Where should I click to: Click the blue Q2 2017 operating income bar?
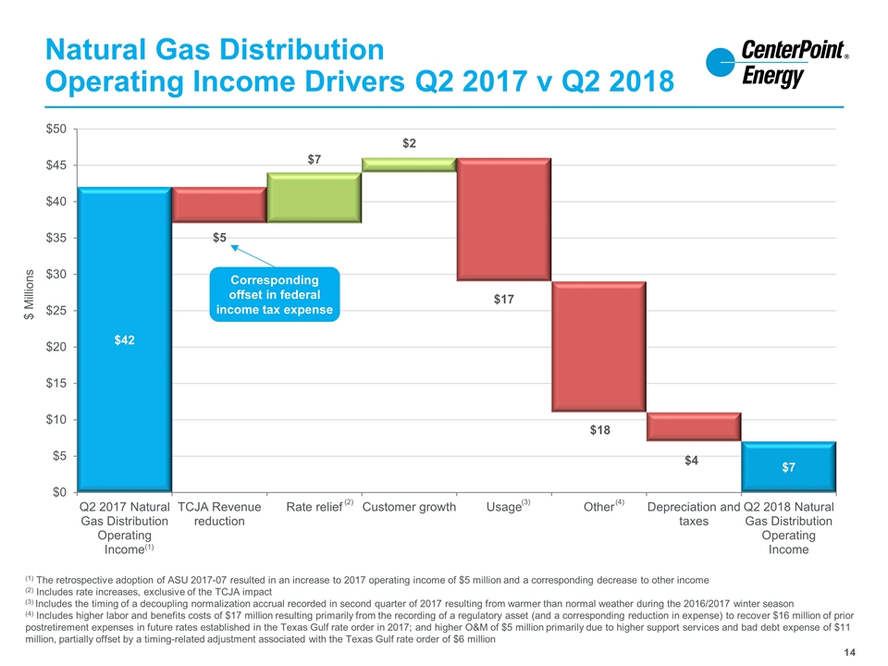click(125, 339)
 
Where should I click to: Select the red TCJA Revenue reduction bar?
click(219, 205)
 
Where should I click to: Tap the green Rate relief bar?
click(314, 198)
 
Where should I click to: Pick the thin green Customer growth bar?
click(409, 165)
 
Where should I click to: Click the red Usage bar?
click(504, 219)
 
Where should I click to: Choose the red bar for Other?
click(599, 347)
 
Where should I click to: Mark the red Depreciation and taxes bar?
click(694, 426)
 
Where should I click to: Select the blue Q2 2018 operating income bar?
click(789, 466)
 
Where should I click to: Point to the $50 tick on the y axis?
click(56, 129)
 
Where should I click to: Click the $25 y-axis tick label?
click(56, 311)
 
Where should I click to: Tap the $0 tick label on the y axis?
click(59, 492)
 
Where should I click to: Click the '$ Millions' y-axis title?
click(29, 294)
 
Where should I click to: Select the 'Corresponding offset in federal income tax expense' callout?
click(275, 294)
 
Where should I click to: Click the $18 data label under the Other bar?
click(599, 430)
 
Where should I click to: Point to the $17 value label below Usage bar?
click(504, 299)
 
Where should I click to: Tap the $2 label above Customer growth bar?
click(409, 143)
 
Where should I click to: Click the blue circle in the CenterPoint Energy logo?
click(720, 62)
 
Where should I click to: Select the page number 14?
click(849, 652)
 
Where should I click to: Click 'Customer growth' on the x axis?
click(409, 507)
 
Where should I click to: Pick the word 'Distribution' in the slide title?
click(302, 49)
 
